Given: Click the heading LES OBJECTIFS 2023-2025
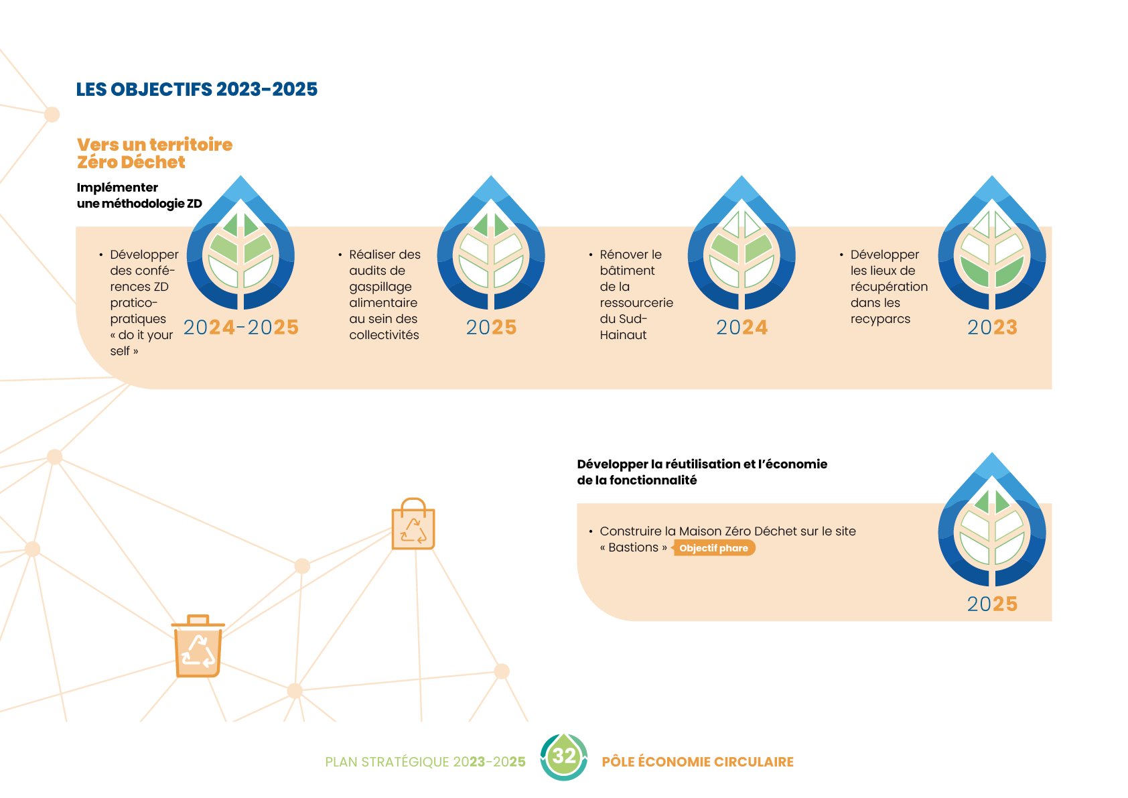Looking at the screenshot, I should click(x=197, y=89).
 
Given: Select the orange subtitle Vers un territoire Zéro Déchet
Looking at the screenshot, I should click(x=154, y=153).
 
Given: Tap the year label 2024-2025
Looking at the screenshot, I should click(x=241, y=327).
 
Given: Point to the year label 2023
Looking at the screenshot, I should click(x=992, y=327).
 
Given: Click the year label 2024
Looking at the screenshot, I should click(x=742, y=327).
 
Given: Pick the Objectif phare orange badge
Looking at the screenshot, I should click(x=714, y=548).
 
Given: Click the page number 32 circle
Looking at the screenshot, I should click(x=564, y=756).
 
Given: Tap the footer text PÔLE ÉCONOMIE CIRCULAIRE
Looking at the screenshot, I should click(x=697, y=762).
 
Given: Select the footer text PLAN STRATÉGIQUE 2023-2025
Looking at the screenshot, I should click(x=425, y=762).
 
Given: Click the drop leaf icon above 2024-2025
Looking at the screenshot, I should click(x=240, y=244).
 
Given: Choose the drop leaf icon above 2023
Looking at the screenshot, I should click(x=992, y=244).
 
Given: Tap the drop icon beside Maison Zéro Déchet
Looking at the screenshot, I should click(x=992, y=521).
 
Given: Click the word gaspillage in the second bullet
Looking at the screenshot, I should click(x=380, y=287).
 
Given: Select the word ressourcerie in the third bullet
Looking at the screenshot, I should click(x=636, y=303).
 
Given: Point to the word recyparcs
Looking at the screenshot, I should click(x=880, y=319).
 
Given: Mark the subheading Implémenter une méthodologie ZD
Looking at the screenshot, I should click(x=139, y=195).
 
